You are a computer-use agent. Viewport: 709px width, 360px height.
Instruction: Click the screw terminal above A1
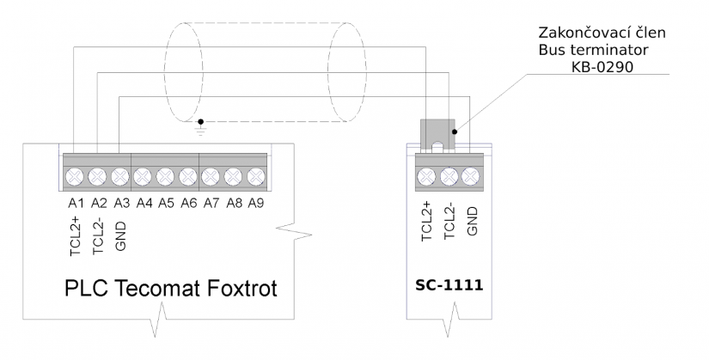[x=75, y=177]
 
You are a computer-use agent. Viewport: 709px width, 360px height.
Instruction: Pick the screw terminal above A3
[x=119, y=177]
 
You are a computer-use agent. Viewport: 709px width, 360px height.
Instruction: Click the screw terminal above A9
[x=255, y=177]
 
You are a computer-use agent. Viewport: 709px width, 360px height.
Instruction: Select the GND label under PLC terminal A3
[x=119, y=230]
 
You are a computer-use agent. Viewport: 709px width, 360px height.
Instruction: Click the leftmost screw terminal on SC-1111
[x=425, y=177]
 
